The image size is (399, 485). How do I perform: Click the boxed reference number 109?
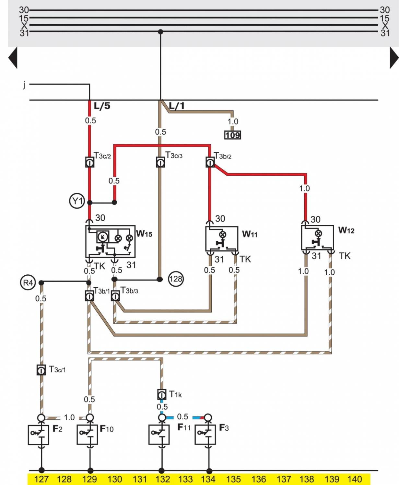[x=233, y=135]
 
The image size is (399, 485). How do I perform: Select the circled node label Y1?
[x=77, y=201]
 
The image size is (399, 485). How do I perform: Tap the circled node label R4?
[x=28, y=283]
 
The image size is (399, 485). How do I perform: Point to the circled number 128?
[x=176, y=279]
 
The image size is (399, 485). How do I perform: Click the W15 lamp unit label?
[x=144, y=234]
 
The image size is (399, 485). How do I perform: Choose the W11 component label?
[x=250, y=234]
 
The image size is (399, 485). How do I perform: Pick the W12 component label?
[x=346, y=230]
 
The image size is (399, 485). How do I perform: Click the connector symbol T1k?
[x=162, y=394]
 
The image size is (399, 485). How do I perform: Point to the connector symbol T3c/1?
[x=41, y=370]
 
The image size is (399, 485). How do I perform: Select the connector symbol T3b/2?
[x=210, y=162]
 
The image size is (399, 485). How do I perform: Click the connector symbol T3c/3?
[x=160, y=162]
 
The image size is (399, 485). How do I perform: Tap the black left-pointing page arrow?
[x=13, y=58]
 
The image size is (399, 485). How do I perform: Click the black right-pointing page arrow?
[x=394, y=58]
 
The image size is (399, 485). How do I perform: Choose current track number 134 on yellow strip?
[x=208, y=479]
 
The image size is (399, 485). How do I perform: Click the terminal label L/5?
[x=102, y=106]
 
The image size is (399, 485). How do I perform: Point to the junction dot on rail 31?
[x=160, y=32]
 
